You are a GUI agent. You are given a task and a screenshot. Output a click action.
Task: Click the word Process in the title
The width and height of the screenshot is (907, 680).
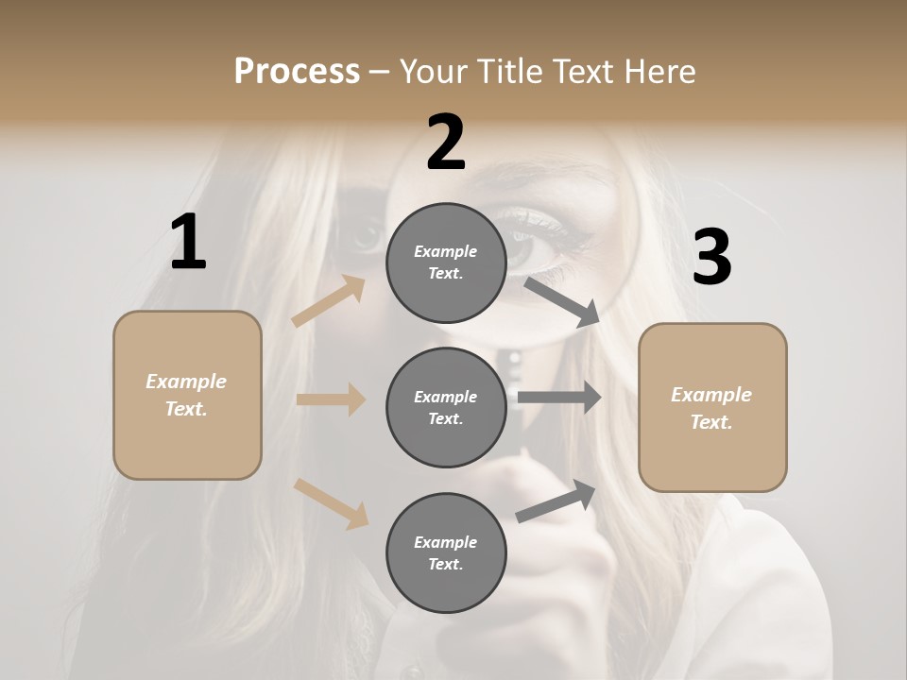click(x=297, y=71)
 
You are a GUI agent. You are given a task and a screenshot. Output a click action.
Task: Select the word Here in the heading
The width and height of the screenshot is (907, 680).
click(x=659, y=71)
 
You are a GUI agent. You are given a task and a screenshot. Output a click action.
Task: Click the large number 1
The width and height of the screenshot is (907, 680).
click(x=188, y=243)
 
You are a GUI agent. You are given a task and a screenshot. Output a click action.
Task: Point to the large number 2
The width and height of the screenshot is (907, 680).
click(x=446, y=143)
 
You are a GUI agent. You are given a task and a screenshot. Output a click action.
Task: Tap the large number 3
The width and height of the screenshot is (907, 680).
click(x=712, y=257)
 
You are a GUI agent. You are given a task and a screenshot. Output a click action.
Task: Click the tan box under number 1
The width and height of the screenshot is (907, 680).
click(x=187, y=395)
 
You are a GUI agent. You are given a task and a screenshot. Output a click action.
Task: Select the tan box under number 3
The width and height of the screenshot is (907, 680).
click(x=712, y=408)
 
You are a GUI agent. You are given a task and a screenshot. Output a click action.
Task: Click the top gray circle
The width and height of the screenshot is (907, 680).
click(x=446, y=263)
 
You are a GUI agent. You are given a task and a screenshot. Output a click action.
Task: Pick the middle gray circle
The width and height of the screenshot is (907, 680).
click(x=446, y=407)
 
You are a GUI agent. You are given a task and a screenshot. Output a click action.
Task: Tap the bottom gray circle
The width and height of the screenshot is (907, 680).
click(x=446, y=552)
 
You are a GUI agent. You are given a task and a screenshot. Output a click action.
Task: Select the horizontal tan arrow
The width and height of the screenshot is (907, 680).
click(x=331, y=399)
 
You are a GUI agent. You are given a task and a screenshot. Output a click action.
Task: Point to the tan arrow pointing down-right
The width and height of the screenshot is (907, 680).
click(x=331, y=503)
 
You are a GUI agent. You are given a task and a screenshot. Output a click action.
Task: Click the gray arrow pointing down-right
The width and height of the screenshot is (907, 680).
click(x=563, y=301)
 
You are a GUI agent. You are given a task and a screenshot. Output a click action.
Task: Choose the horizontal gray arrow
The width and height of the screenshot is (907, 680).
click(x=559, y=398)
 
